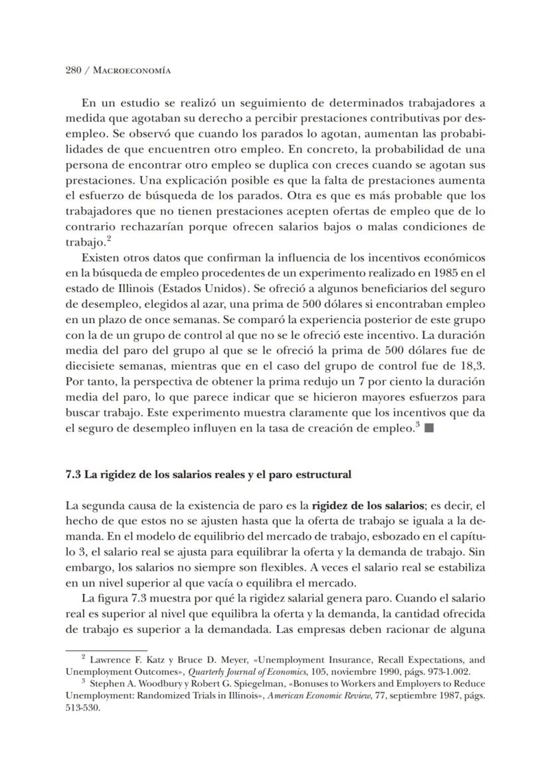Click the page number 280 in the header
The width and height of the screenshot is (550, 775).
point(74,70)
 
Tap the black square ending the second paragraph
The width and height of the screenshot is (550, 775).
point(429,428)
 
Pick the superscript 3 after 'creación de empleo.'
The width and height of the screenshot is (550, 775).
point(417,425)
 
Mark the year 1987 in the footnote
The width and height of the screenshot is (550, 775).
point(444,695)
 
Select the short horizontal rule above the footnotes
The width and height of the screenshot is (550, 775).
point(106,650)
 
